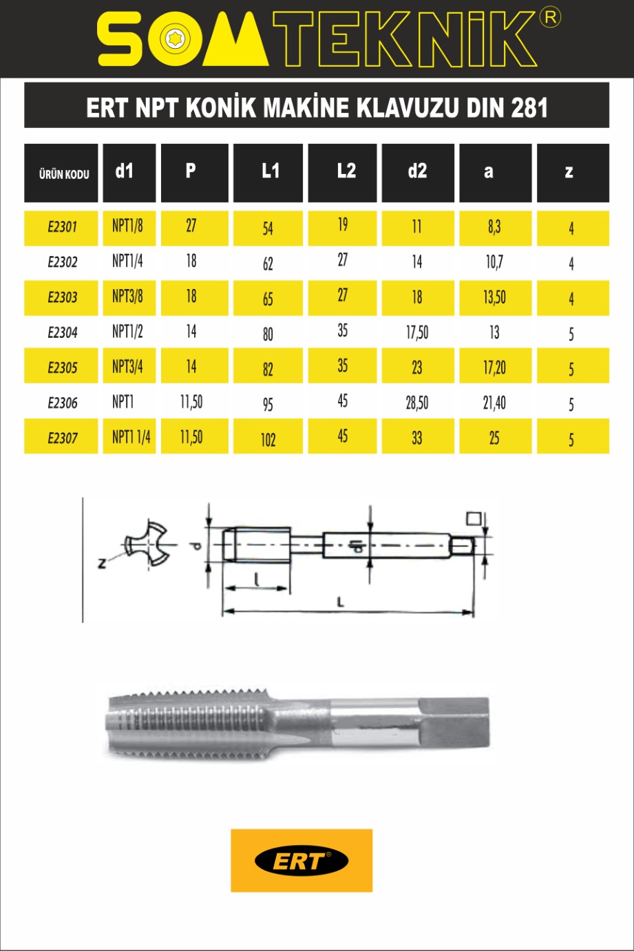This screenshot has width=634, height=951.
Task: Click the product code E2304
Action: (63, 332)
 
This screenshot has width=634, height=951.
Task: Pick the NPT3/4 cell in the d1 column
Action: (127, 366)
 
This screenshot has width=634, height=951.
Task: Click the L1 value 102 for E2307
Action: (268, 440)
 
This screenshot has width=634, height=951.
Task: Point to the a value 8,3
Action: (494, 226)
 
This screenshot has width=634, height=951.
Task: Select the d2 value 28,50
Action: (417, 403)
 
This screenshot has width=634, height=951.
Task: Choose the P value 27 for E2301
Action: (191, 226)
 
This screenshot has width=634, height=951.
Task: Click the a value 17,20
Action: (495, 367)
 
